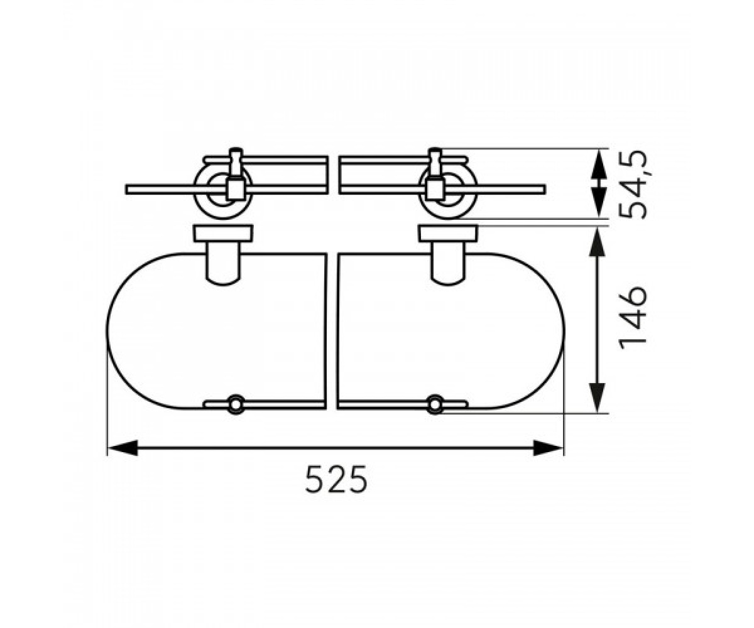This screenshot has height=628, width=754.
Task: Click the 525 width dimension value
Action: [x=336, y=479]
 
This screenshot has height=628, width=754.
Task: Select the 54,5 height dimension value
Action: [x=633, y=184]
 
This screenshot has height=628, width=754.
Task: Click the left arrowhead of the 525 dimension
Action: [x=123, y=448]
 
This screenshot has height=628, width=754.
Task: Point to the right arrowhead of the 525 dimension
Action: [x=548, y=448]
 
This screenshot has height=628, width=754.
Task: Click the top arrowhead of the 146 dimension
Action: [x=598, y=241]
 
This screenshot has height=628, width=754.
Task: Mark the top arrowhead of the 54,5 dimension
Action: [x=598, y=163]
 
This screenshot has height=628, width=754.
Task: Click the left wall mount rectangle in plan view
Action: [x=223, y=233]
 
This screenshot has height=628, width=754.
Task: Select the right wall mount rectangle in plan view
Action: [x=448, y=233]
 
